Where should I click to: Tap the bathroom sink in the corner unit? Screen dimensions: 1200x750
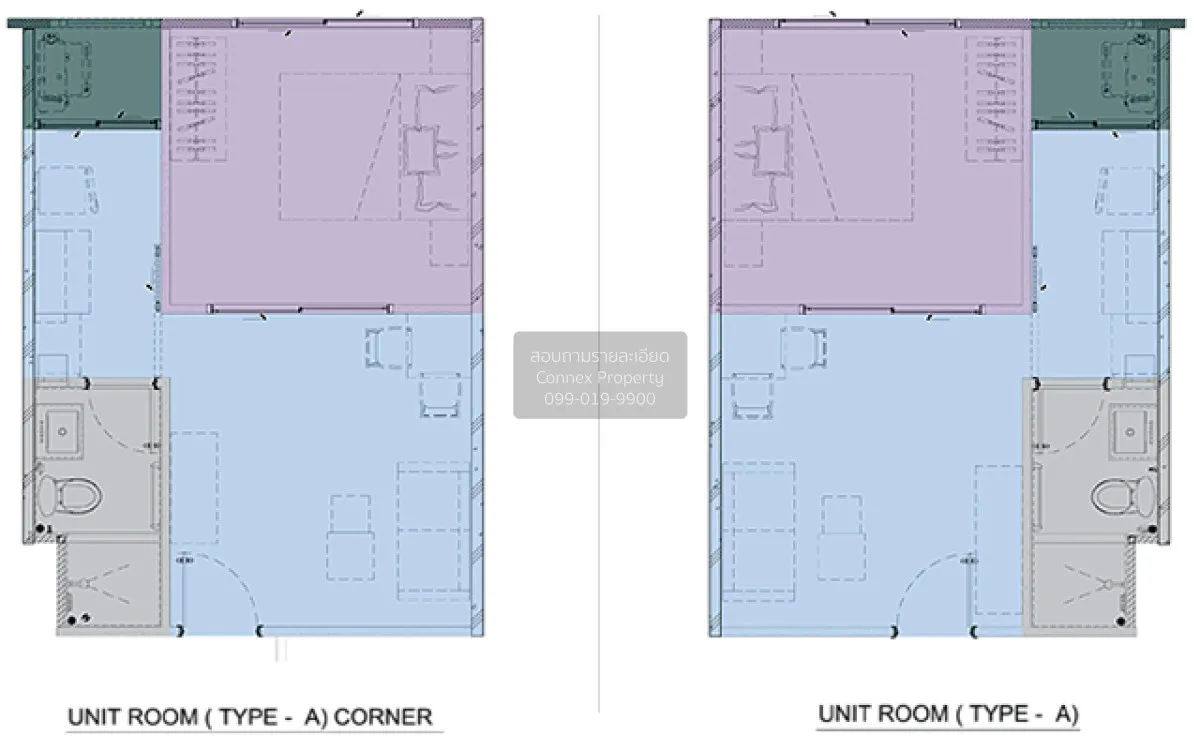coord(63,432)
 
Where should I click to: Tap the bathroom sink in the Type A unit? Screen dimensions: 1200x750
coord(1130,432)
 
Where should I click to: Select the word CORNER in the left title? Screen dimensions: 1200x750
coord(383,717)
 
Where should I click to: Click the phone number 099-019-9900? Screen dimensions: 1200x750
coord(599,399)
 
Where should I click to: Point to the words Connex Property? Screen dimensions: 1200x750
coord(599,378)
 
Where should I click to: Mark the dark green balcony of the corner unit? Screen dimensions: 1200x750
coord(92,75)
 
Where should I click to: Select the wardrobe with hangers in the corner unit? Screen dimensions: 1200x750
coord(198,99)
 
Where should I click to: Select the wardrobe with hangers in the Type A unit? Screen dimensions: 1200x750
coord(994,99)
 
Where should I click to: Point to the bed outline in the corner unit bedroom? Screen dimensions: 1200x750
coord(340,147)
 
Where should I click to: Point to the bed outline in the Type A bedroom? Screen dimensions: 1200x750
coord(853,147)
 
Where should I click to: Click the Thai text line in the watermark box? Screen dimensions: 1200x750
coord(599,356)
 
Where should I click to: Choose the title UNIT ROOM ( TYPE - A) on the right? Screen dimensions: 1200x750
coord(948,715)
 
